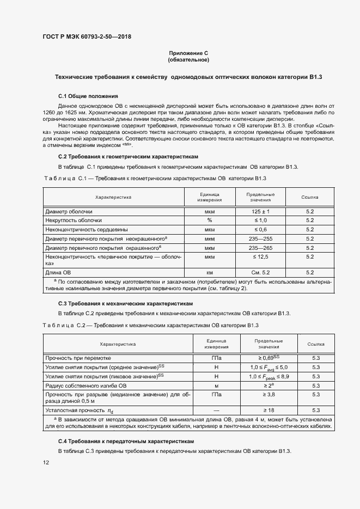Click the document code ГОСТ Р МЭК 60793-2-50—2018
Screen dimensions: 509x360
point(87,37)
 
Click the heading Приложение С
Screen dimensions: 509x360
point(188,53)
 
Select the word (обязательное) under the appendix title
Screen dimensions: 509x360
point(188,59)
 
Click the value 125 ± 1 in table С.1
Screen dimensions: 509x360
point(260,211)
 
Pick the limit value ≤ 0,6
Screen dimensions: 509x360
point(260,230)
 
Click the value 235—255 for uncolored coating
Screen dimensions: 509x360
point(260,239)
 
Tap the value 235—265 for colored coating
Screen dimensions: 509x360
point(260,248)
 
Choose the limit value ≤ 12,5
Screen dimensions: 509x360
point(260,256)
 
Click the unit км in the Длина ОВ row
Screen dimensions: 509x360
point(209,272)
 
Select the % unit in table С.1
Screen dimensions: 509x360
point(209,220)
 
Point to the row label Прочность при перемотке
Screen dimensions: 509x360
point(78,358)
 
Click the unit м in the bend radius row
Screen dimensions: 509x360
point(216,385)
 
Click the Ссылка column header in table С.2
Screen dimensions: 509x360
point(316,344)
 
